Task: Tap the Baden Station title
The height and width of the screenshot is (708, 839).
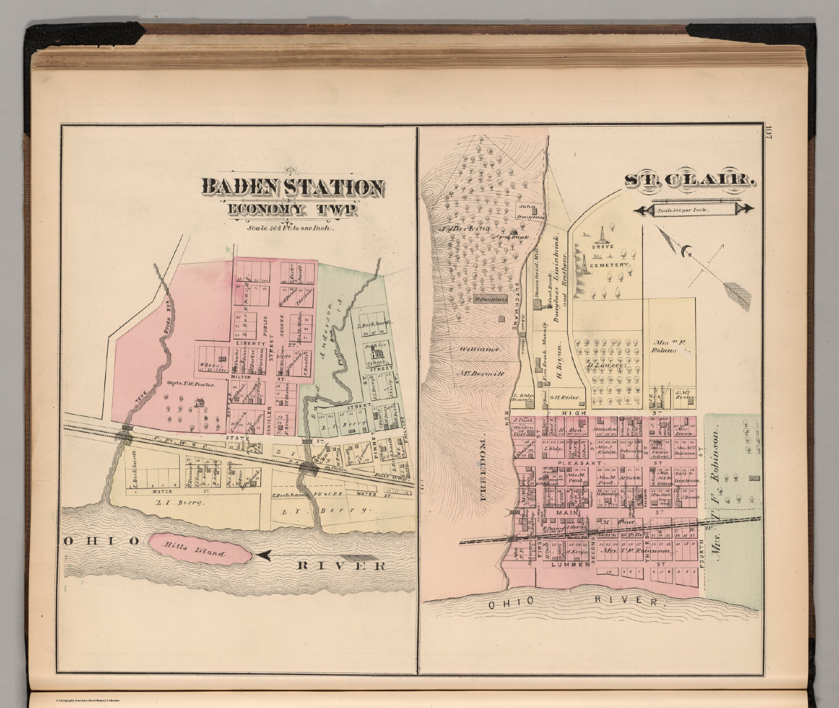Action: [x=292, y=187]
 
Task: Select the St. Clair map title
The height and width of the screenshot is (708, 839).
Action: [x=690, y=180]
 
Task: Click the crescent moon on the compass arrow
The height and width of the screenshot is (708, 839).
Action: [x=686, y=252]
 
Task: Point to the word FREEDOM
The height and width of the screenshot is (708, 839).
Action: [x=483, y=469]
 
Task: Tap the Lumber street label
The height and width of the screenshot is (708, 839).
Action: [x=571, y=564]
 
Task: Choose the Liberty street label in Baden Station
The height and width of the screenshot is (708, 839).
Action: [x=250, y=343]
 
